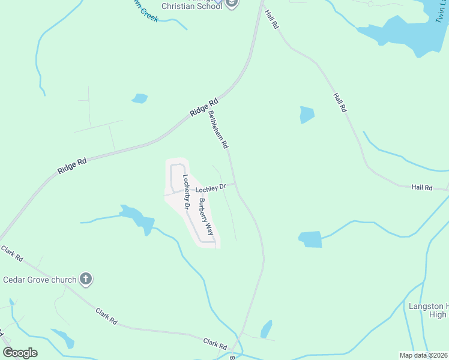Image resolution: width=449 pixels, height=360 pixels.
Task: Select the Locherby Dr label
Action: [x=187, y=192]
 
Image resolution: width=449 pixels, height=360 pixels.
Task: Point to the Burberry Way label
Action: [x=206, y=216]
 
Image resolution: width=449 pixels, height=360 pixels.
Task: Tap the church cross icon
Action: [x=86, y=278]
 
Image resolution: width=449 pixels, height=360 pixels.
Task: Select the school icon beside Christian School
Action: [x=231, y=4]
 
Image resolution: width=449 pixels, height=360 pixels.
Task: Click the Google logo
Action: [x=20, y=353]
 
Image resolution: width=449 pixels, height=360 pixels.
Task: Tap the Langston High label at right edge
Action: [x=428, y=310]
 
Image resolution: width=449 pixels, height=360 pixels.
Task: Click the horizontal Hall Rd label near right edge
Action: [x=422, y=188]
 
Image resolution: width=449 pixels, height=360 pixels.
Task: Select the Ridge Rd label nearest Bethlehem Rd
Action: [x=203, y=108]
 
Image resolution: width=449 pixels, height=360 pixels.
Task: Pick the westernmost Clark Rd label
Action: [x=12, y=253]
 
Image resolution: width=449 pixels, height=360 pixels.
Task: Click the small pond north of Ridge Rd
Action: [x=140, y=98]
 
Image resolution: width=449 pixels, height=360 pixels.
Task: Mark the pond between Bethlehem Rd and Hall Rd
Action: [x=307, y=114]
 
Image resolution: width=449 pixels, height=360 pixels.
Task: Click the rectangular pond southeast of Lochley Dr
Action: [x=310, y=239]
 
